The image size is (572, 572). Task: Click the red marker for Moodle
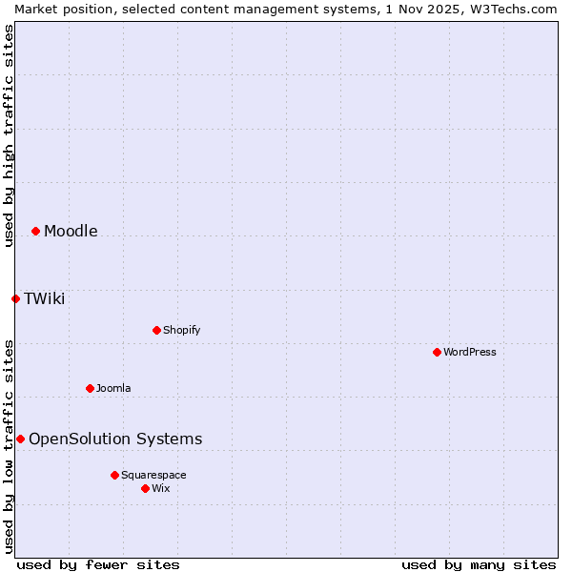(x=35, y=231)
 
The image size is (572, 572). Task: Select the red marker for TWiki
(x=15, y=298)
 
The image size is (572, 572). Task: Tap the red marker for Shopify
(x=156, y=330)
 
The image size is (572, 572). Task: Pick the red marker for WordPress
(x=437, y=352)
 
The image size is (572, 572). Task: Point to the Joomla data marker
(x=90, y=388)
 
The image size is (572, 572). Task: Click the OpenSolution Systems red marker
(x=20, y=439)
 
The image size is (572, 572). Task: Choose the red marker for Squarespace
(x=114, y=475)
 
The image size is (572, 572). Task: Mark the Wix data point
(x=145, y=488)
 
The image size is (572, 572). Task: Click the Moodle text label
(x=71, y=231)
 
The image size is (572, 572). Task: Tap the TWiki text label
(x=44, y=298)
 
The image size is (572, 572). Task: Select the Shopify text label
(x=181, y=330)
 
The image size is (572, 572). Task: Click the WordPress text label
(x=470, y=352)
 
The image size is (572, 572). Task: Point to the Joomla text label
(x=113, y=388)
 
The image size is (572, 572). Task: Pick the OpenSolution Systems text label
(x=115, y=439)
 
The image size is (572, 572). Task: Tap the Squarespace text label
(x=153, y=475)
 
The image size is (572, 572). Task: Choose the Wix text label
(x=161, y=488)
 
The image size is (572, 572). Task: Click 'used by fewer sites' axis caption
(x=98, y=564)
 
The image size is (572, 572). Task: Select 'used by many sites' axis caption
(x=479, y=564)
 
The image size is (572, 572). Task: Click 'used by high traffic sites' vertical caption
(x=9, y=135)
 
